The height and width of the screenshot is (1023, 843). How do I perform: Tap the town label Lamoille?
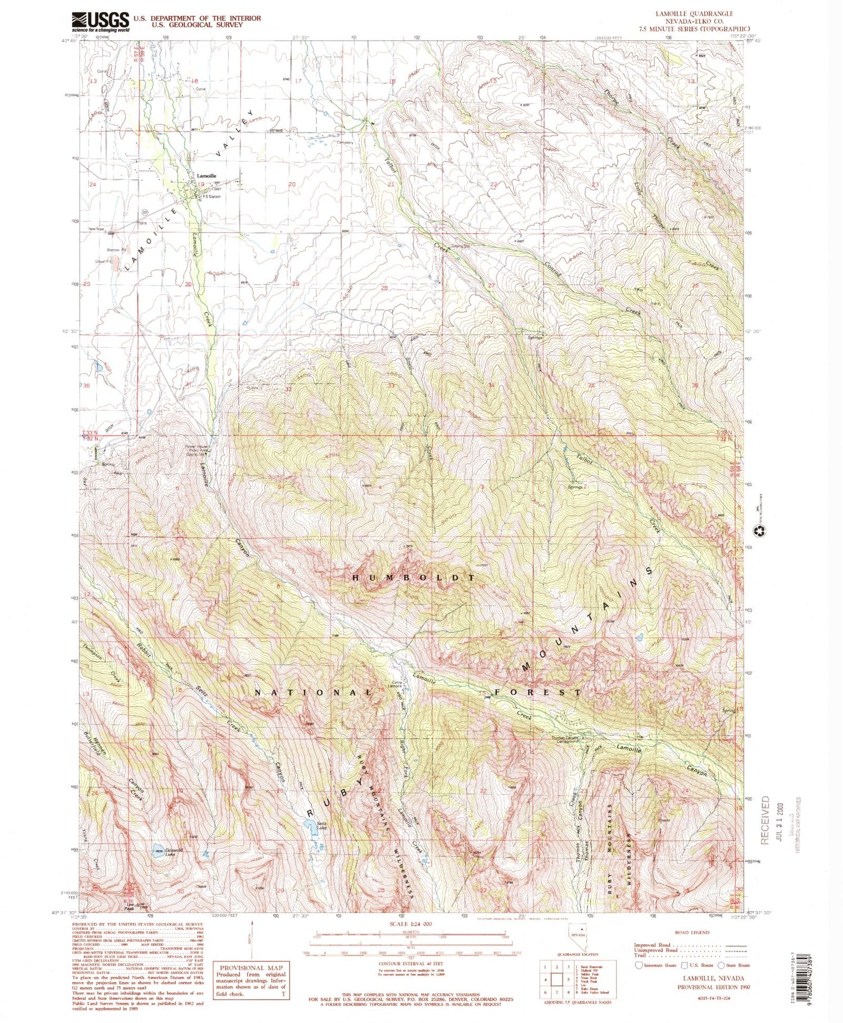[x=206, y=176]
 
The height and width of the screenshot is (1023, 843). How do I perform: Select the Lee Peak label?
[x=130, y=905]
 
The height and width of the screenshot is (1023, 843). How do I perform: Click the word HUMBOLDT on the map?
[x=414, y=578]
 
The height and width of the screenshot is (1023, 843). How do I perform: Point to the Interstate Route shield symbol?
[x=639, y=965]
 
